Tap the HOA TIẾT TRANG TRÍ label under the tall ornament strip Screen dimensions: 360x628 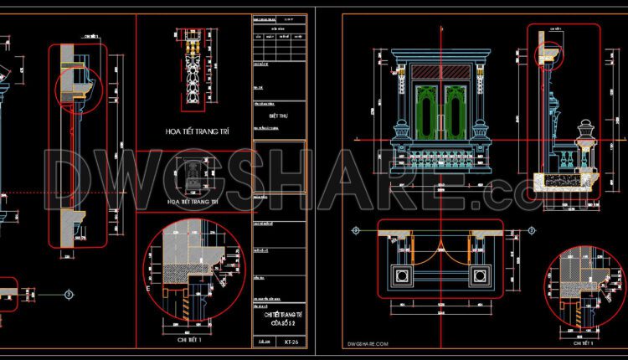pos(193,131)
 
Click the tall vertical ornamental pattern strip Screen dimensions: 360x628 pos(192,75)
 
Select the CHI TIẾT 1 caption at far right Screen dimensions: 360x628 pos(581,343)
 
